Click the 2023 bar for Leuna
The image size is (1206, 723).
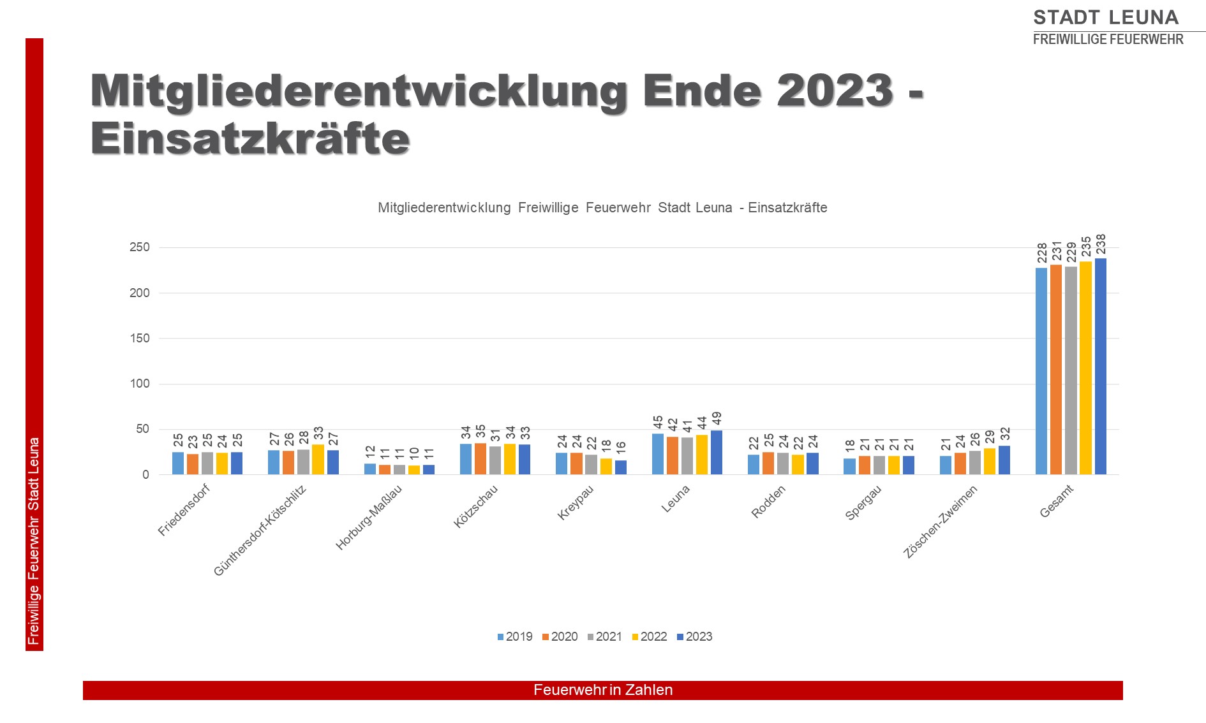coord(717,453)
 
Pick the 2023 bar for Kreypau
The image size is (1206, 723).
coord(621,467)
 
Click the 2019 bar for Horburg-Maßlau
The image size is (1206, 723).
coord(370,469)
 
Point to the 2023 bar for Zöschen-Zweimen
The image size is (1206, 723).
coord(1004,460)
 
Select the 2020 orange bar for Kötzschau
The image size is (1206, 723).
coord(480,459)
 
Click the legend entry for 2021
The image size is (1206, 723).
coord(604,636)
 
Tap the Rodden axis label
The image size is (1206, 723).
coord(768,501)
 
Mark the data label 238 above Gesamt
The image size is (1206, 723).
coord(1101,245)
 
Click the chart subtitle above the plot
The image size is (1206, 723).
coord(602,208)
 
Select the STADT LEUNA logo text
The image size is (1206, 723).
coord(1106,17)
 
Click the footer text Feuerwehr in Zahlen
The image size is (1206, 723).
coord(603,690)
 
